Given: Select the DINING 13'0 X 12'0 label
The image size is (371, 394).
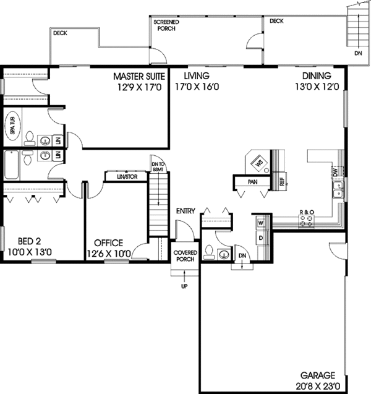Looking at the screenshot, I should point(316,82).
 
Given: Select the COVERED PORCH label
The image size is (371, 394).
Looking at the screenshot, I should point(184,256).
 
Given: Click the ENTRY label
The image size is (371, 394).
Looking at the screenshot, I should point(185,211).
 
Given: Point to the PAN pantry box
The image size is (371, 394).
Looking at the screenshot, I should point(252,182).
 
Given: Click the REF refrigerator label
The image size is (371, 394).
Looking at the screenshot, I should point(281,181).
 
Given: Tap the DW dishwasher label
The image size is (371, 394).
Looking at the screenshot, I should point(335,171).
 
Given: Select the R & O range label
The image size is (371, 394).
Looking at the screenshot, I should point(306,212).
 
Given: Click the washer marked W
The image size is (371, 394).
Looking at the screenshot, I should point(260,223).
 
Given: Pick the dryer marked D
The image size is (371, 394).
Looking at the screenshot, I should point(260,237).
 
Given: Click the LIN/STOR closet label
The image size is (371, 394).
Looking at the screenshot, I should point(126,177).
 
